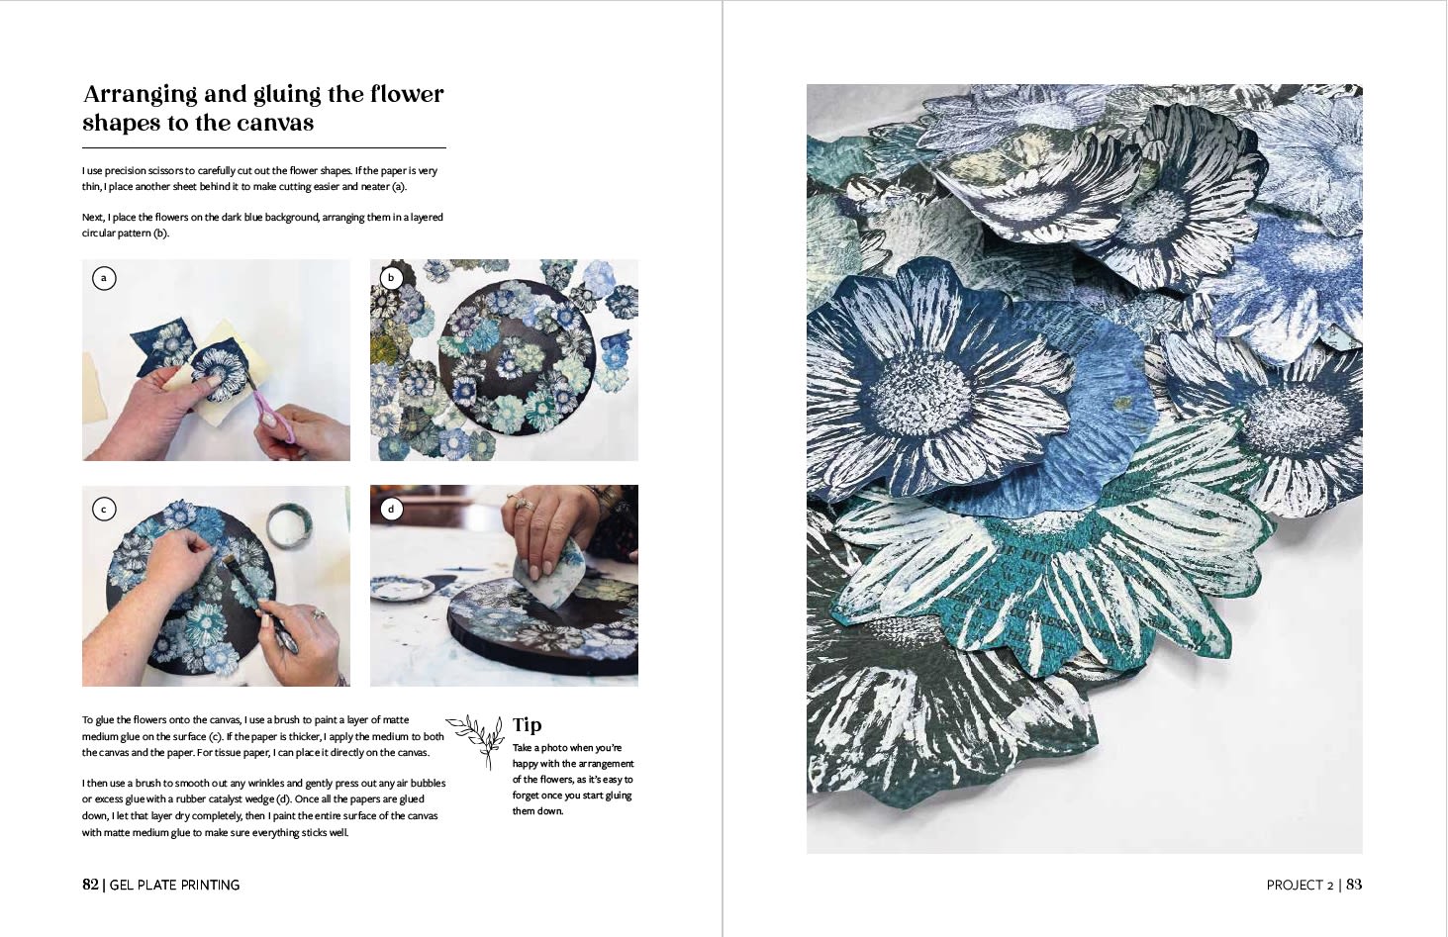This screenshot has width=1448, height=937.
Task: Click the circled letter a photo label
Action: click(x=103, y=278)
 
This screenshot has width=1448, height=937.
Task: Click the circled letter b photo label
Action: click(x=391, y=278)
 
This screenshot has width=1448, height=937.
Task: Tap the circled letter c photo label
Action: click(x=103, y=510)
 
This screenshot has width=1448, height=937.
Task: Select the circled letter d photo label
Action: click(x=391, y=510)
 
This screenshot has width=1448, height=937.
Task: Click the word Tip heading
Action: click(x=527, y=725)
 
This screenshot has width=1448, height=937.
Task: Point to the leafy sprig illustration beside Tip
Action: click(x=476, y=740)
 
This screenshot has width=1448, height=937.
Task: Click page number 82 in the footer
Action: click(x=90, y=884)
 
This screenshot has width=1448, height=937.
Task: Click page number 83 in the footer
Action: click(x=1354, y=884)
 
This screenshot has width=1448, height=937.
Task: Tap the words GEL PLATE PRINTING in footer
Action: click(x=174, y=885)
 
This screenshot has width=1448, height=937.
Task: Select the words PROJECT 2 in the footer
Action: click(x=1300, y=885)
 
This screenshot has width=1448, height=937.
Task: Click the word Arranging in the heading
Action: click(x=141, y=96)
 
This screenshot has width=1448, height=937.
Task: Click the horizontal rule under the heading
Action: click(x=263, y=148)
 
